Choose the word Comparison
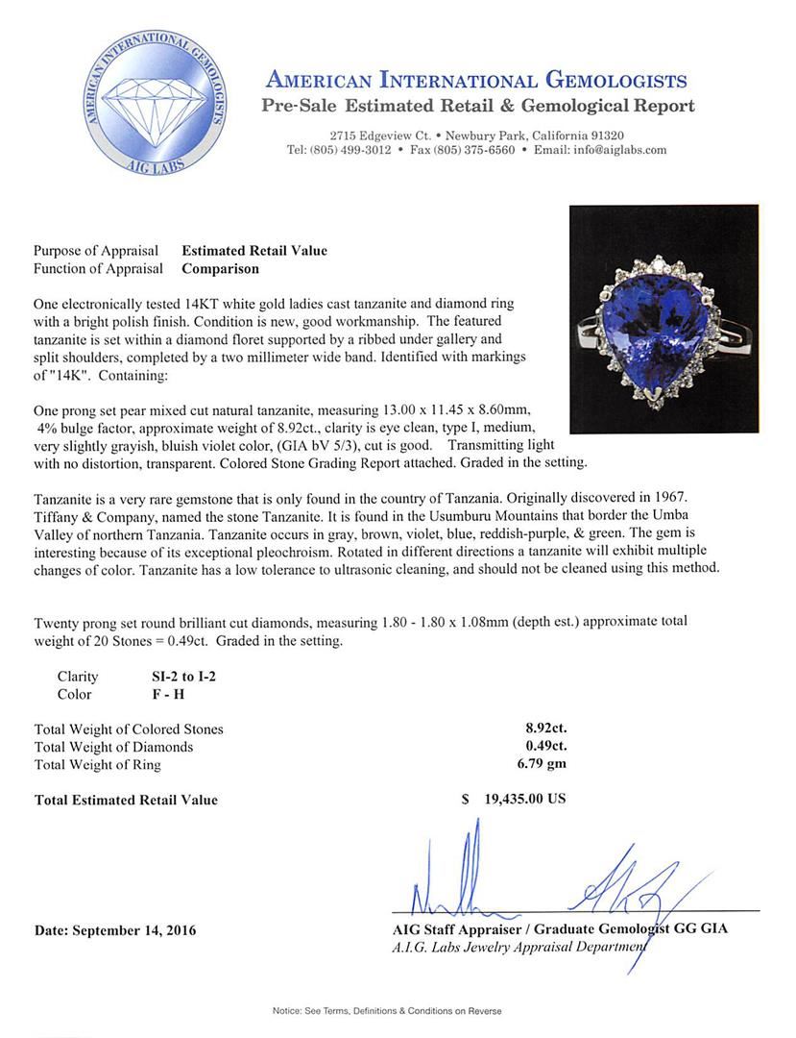[220, 269]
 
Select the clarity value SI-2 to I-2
[178, 677]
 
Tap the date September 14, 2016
[114, 930]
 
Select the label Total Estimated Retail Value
[126, 800]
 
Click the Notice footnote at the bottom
[387, 1011]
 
